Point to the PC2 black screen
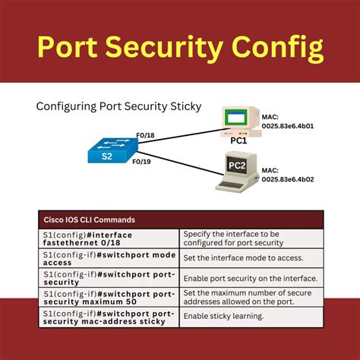tap(235, 164)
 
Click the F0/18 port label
tap(146, 136)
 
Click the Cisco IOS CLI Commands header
tap(90, 219)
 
